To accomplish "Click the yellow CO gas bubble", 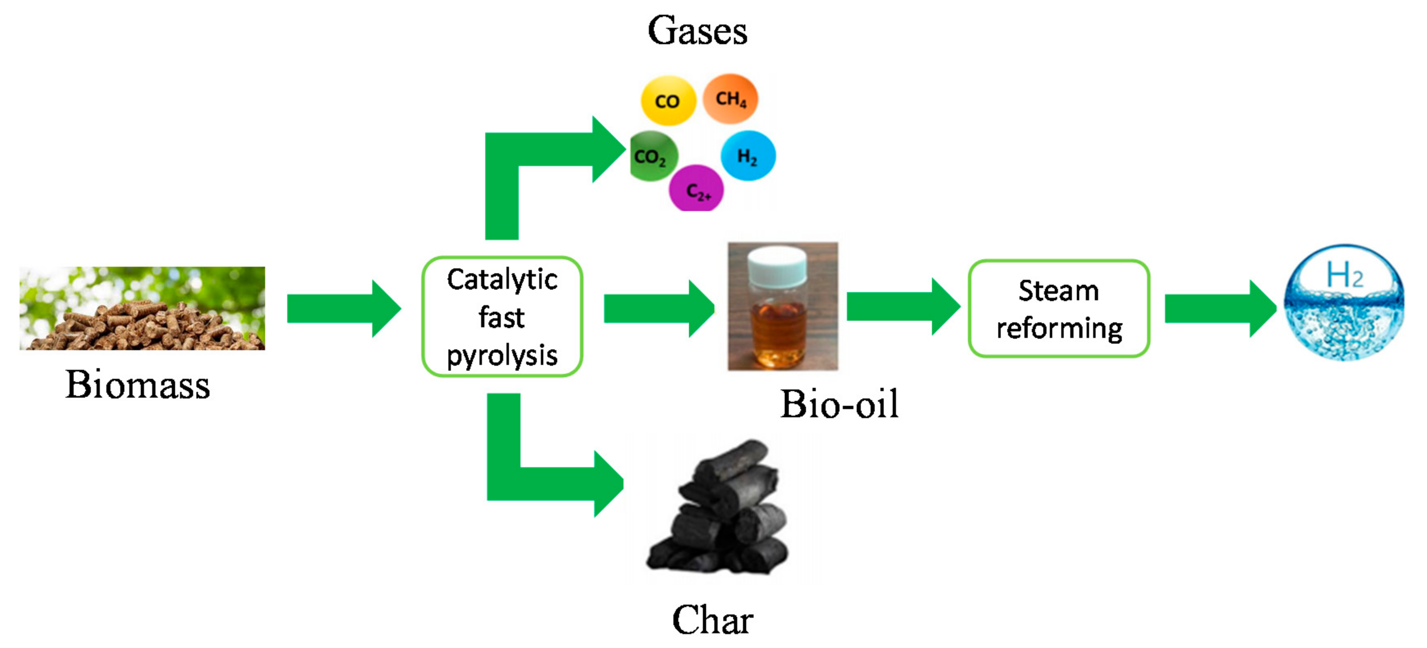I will tap(668, 100).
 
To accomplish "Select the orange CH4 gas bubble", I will tap(730, 99).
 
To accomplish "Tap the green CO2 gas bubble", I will tap(653, 156).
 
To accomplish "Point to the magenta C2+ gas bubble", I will tap(696, 189).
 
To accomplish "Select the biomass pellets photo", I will tap(142, 308).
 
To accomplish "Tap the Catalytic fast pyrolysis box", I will tap(502, 316).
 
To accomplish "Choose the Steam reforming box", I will tap(1059, 308).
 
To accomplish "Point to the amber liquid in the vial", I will tap(778, 332).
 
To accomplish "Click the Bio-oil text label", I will tap(839, 404).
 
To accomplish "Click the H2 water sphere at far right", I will tap(1344, 303).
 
